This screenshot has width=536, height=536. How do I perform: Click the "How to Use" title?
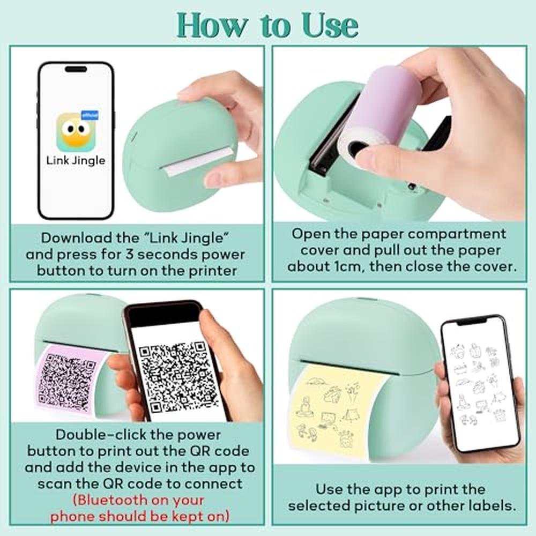(x=267, y=26)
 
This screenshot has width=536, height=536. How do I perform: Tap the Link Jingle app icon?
(x=77, y=132)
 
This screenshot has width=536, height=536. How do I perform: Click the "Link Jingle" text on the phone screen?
(x=76, y=161)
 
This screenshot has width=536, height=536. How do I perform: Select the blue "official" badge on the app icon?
(x=90, y=115)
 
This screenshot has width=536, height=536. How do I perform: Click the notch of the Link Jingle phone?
(x=76, y=69)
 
